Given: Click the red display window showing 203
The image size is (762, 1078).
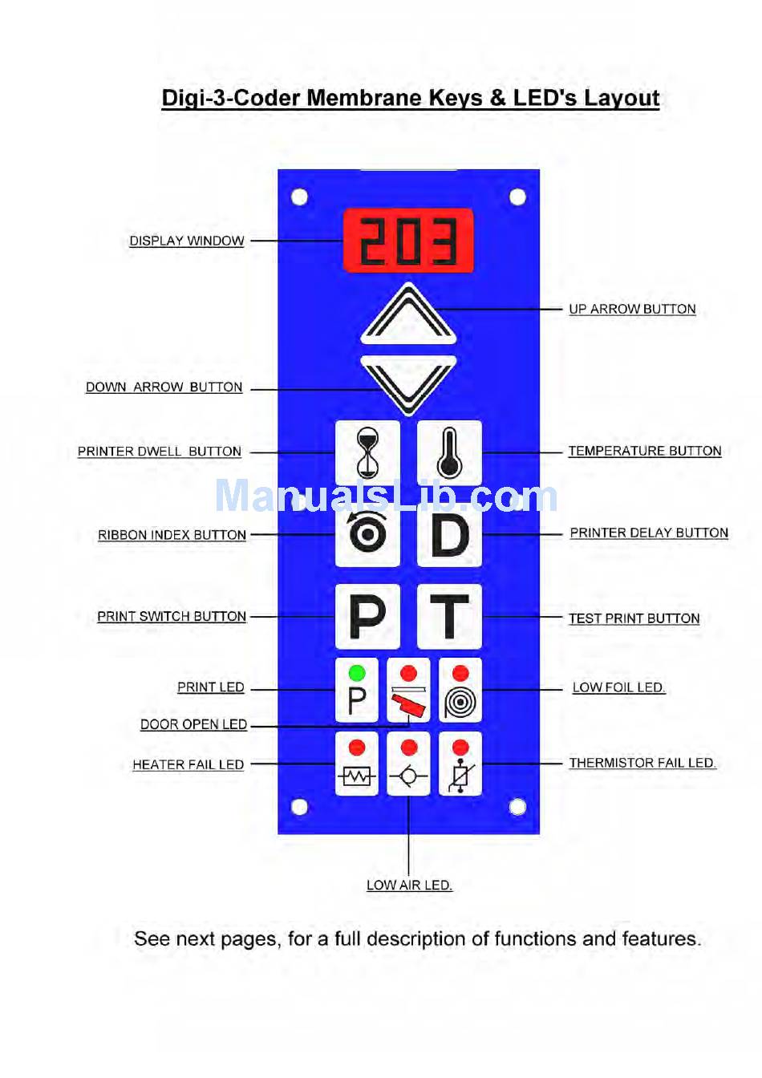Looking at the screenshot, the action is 408,241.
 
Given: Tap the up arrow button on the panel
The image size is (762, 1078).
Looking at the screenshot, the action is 408,314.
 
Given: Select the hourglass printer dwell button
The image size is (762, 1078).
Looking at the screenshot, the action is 367,452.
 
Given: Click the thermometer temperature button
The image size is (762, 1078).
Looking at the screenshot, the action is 449,452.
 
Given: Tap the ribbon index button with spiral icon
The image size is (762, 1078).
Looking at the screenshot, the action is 367,534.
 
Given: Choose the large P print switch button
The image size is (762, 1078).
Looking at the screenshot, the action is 367,616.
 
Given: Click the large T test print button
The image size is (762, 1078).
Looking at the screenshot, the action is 449,616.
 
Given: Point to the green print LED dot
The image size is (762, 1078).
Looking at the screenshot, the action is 357,672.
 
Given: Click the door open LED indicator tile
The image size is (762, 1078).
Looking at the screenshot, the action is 408,690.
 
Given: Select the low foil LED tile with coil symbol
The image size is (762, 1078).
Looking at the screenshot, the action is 460,690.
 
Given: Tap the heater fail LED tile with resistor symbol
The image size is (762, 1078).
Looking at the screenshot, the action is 357,764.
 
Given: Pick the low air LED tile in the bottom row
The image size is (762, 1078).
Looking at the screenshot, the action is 408,764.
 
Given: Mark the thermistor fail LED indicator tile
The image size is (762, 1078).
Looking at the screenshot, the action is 460,764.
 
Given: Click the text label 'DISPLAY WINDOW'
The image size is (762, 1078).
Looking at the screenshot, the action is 187,241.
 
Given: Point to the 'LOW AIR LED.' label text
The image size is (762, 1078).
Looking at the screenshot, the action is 409,885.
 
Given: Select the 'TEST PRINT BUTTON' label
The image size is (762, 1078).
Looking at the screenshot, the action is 634,618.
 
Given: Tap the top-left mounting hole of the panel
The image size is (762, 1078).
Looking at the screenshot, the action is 300,197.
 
